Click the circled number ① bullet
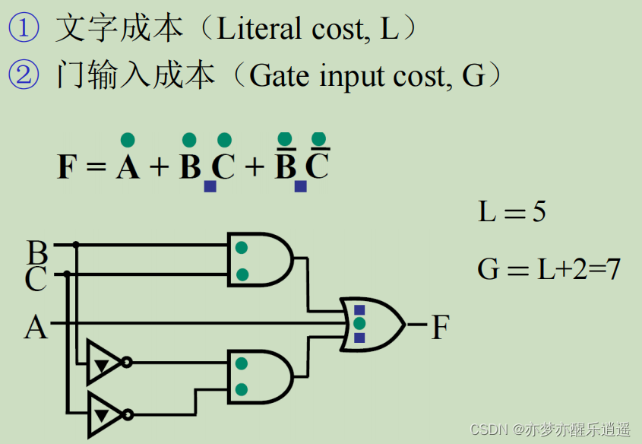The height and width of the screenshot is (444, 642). pos(23,29)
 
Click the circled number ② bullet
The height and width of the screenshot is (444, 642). pos(23,75)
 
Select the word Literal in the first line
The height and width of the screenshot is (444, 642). pos(259,29)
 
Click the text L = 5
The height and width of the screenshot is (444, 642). pos(512,211)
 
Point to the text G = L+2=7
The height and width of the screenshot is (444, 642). pos(549,268)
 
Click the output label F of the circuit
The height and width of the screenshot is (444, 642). pos(441,328)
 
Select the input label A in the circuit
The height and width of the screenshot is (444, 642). pos(35,328)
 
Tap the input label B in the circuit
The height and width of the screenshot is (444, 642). pos(36,251)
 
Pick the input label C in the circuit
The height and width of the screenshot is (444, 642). pos(36,279)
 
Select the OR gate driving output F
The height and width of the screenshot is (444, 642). pos(372,324)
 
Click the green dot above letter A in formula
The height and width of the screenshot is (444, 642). pos(128,140)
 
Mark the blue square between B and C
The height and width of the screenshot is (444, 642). pos(210,186)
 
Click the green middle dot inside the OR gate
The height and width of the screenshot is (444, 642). pos(359,324)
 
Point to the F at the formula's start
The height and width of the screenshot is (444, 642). pos(68,166)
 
